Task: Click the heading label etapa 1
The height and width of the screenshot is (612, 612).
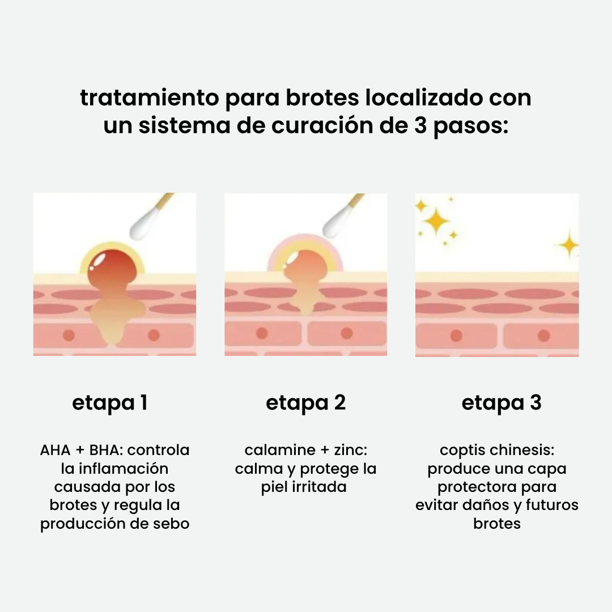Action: tap(110, 403)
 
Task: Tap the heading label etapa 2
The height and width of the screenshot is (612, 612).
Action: tap(305, 403)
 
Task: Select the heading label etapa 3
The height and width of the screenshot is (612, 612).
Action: tap(501, 403)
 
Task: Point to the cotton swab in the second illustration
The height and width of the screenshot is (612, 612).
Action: tap(342, 217)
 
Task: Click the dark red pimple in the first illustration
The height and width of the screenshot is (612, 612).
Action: tap(112, 269)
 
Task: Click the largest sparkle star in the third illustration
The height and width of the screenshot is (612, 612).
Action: tap(436, 222)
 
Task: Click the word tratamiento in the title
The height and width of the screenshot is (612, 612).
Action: tap(149, 97)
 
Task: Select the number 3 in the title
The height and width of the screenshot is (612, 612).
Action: tap(420, 126)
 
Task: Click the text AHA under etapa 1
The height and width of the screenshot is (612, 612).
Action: tap(56, 450)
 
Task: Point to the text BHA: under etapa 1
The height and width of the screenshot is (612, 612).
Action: tap(106, 450)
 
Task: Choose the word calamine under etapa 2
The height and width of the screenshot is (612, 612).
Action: tap(280, 450)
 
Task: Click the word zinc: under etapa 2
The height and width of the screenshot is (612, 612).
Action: tap(351, 450)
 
